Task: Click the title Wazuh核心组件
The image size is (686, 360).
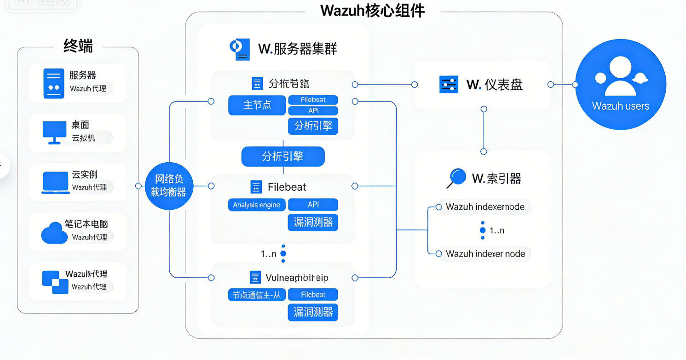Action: click(x=372, y=10)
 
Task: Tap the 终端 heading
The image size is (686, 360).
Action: click(x=78, y=46)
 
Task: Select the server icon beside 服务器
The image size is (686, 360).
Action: click(x=54, y=83)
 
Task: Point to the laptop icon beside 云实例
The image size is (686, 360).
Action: click(x=55, y=183)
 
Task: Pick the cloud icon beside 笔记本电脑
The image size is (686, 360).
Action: click(x=54, y=233)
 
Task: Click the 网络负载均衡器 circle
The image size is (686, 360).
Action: click(x=170, y=186)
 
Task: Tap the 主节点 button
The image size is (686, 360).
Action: click(x=257, y=105)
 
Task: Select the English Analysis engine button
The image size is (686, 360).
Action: click(x=256, y=205)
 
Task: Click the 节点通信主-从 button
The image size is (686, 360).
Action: click(x=257, y=295)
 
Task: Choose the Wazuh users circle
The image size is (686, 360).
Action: click(x=620, y=85)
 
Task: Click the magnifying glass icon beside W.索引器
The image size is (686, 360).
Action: click(x=456, y=178)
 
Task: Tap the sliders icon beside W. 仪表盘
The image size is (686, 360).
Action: click(x=449, y=85)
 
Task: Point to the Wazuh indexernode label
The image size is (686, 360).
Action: click(x=485, y=207)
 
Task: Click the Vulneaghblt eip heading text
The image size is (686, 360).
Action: click(x=297, y=278)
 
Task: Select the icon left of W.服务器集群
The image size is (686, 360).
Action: click(x=239, y=49)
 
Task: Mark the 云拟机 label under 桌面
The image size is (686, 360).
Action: click(x=83, y=138)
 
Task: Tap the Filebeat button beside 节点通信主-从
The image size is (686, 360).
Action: click(x=313, y=295)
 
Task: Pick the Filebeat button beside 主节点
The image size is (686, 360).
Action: click(x=313, y=100)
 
